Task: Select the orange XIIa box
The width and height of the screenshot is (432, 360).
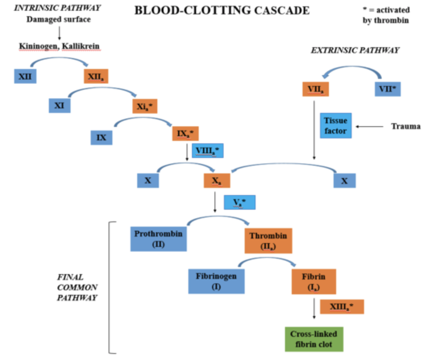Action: coord(96,76)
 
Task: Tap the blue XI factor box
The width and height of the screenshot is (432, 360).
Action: coord(59,105)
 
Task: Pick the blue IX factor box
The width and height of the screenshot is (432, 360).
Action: coord(101,137)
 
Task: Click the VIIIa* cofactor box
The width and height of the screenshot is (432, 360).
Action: coord(207,150)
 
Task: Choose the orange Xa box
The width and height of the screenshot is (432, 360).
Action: coord(217,180)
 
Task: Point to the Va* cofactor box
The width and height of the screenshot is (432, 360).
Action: coord(240,202)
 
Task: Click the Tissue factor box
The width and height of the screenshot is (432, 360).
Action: coord(336,126)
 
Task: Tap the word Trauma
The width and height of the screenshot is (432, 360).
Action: coord(405,126)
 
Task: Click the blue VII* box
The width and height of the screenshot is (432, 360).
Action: coord(387,89)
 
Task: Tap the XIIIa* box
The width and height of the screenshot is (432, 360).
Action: coord(342,307)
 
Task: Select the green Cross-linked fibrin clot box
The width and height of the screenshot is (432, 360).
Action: coord(314,339)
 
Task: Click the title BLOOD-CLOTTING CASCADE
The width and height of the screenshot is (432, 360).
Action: coord(222,10)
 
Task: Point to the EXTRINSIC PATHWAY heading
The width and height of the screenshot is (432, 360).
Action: coord(355,50)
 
